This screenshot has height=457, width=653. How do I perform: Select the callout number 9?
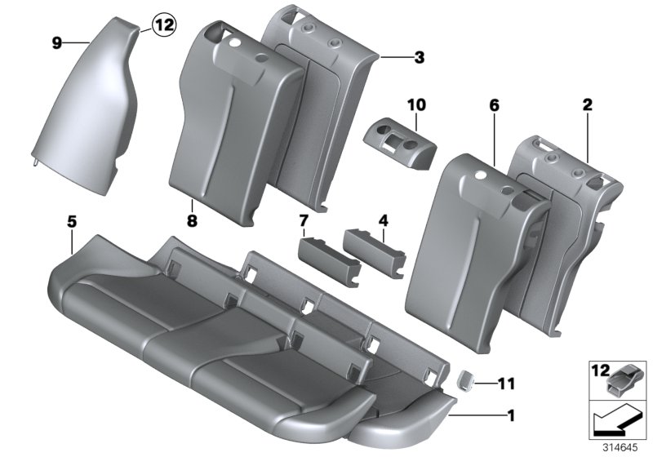pyautogui.click(x=58, y=42)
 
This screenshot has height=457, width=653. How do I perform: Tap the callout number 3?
pyautogui.click(x=419, y=57)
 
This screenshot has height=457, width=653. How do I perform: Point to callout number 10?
pyautogui.click(x=416, y=105)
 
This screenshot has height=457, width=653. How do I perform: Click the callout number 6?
pyautogui.click(x=493, y=105)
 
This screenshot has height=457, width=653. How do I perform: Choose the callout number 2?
pyautogui.click(x=588, y=105)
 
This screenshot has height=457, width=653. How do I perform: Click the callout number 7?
pyautogui.click(x=303, y=220)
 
